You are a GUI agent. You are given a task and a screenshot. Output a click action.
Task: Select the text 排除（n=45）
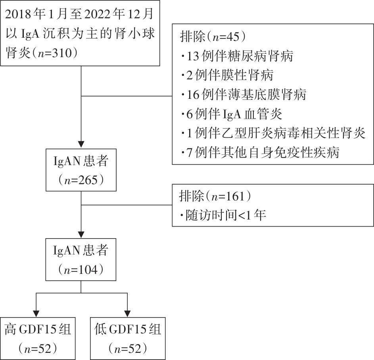[213, 37]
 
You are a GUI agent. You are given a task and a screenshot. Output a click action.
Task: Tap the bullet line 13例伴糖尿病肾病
[237, 56]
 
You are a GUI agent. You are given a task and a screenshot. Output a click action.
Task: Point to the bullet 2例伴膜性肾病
[227, 75]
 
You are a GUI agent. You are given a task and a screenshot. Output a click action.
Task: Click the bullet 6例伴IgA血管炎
[232, 114]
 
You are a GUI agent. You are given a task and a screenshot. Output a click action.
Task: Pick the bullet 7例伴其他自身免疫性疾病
[260, 152]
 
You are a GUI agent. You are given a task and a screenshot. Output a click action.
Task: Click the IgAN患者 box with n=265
[81, 170]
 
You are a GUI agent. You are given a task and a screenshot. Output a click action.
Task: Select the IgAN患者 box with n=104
[81, 260]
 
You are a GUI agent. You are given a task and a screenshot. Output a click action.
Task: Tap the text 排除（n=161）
[215, 196]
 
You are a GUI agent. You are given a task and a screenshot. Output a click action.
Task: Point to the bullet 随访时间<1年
[223, 215]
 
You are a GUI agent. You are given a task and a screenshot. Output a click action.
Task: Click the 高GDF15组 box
[38, 339]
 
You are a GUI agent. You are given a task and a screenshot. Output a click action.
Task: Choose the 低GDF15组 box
[128, 339]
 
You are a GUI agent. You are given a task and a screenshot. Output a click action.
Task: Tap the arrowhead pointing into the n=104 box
[81, 235]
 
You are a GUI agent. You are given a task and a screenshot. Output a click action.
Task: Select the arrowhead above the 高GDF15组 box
[36, 314]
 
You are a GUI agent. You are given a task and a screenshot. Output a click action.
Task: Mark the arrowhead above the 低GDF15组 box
[128, 314]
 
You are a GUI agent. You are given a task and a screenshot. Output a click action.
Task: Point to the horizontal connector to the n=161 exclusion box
[127, 205]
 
